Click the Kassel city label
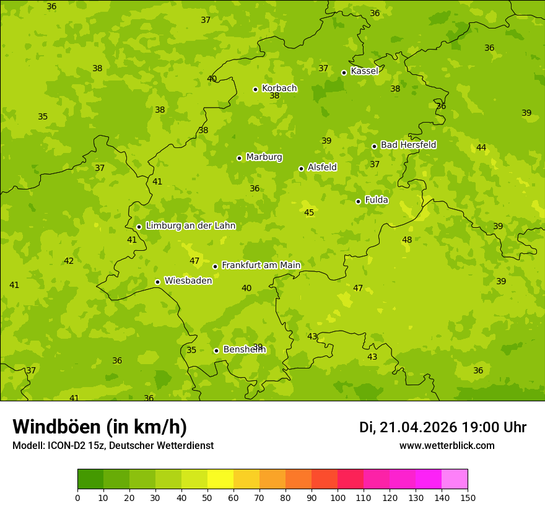364,71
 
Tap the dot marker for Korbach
255,89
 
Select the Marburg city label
264,157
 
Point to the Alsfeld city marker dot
301,168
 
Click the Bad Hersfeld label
408,145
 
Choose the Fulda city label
377,200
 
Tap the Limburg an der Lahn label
190,226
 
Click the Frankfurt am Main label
261,265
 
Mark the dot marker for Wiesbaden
157,282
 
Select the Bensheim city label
244,349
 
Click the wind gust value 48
407,240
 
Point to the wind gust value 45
309,212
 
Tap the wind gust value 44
481,147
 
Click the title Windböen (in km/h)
100,427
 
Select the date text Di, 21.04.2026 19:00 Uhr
443,427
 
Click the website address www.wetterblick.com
447,445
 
